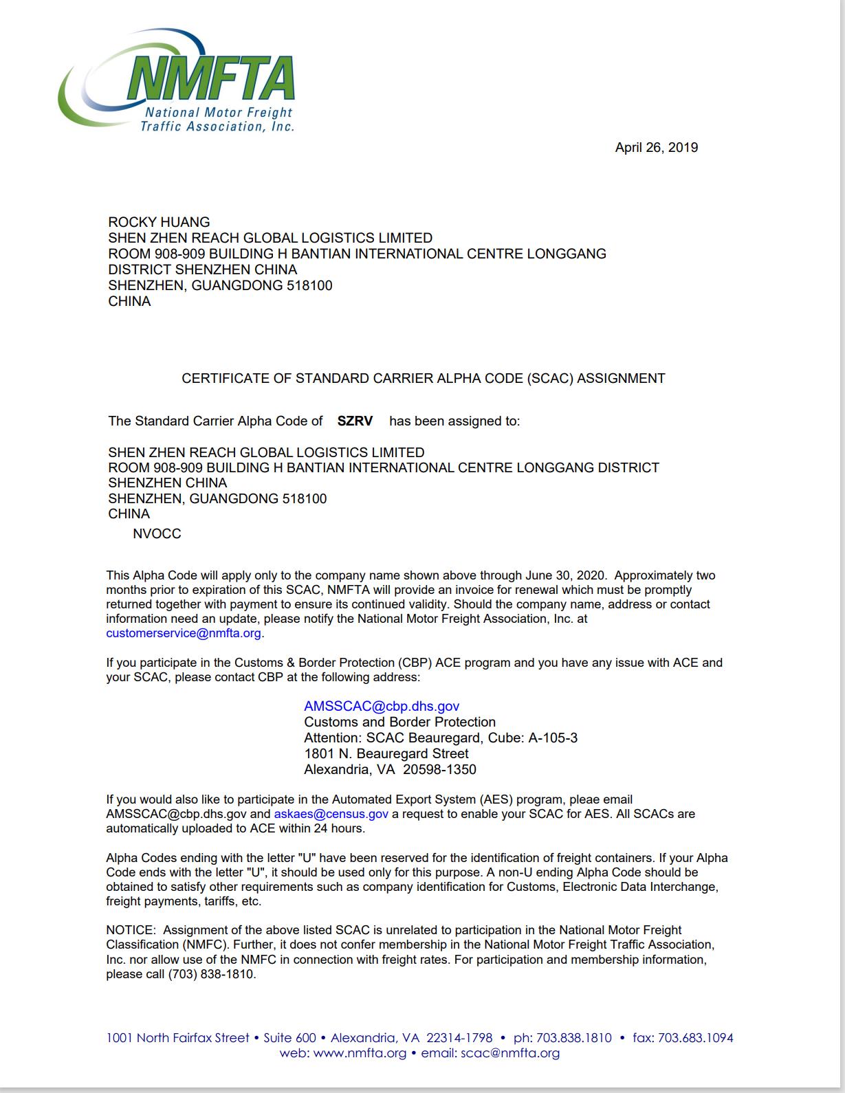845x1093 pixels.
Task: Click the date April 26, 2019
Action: click(x=656, y=148)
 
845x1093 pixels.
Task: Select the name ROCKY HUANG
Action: click(x=159, y=222)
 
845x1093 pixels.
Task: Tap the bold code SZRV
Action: click(x=355, y=421)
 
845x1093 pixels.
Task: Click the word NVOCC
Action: click(x=157, y=534)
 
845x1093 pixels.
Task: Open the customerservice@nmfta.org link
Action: click(x=184, y=633)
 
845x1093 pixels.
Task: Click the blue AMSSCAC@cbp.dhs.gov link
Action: click(x=382, y=706)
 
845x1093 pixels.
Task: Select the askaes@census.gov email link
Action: click(x=331, y=814)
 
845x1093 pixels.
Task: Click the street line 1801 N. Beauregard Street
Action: click(x=386, y=753)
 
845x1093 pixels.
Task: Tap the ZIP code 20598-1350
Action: click(x=439, y=769)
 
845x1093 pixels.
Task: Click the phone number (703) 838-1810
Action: click(x=211, y=974)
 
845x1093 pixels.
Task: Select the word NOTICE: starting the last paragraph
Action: click(x=131, y=930)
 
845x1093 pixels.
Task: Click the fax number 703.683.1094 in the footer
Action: click(x=695, y=1038)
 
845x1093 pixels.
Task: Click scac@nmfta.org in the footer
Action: click(x=510, y=1053)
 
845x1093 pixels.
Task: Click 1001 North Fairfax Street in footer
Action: click(x=177, y=1038)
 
